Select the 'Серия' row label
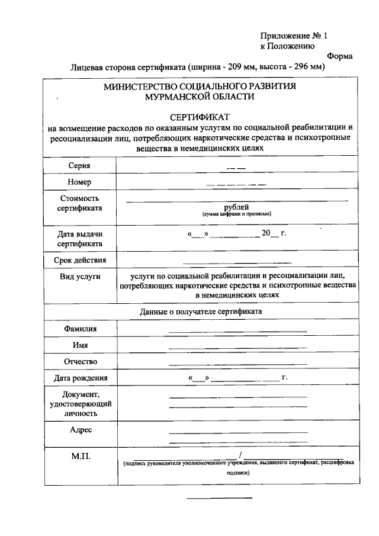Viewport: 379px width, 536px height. tap(80, 165)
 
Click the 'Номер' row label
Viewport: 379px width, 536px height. tap(80, 182)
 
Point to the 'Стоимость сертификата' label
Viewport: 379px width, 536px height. tap(80, 203)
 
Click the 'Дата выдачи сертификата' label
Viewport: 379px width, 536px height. tap(80, 239)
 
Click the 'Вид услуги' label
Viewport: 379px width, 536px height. tap(80, 277)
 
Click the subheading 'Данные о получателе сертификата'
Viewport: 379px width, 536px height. tap(200, 311)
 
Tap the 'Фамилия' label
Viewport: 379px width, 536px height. tap(80, 329)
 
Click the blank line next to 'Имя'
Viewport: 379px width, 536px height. tap(237, 347)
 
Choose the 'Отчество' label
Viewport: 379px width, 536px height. tap(80, 361)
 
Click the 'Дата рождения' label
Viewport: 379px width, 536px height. tap(80, 378)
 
